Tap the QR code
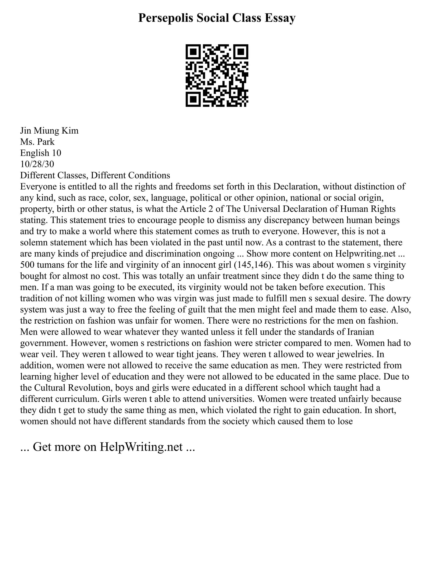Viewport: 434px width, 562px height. (x=217, y=75)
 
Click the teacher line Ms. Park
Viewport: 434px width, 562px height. (x=38, y=142)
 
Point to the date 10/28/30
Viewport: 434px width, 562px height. (x=37, y=164)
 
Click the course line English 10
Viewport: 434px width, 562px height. (x=41, y=153)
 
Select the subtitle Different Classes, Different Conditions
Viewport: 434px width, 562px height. (x=95, y=176)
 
